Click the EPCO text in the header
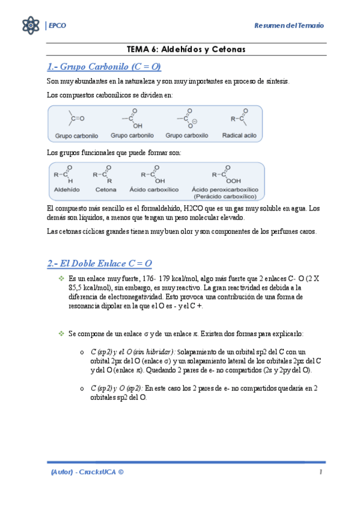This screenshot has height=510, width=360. tap(57, 25)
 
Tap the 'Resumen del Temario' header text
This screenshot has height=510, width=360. tap(289, 26)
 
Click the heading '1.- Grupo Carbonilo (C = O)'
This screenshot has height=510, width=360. tap(104, 66)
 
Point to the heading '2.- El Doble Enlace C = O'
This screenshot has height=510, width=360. tap(99, 263)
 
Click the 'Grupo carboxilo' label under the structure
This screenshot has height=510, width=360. tap(186, 136)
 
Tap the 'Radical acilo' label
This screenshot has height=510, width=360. tap(239, 136)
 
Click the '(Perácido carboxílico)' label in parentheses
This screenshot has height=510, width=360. tap(225, 196)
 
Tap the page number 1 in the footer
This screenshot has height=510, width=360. tap(322, 473)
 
